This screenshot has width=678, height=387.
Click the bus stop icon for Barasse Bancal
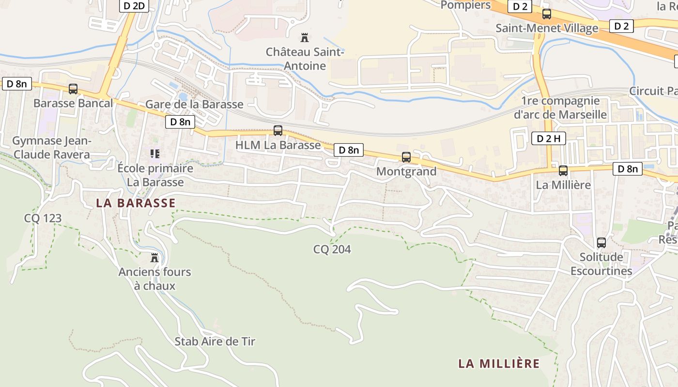[x=73, y=89]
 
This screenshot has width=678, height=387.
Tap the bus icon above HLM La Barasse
[x=277, y=131]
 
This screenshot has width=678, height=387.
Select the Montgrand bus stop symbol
[x=406, y=157]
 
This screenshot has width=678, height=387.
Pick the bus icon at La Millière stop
[x=563, y=171]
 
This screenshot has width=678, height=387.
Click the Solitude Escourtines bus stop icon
[x=601, y=243]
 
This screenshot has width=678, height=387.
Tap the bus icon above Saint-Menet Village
[x=547, y=14]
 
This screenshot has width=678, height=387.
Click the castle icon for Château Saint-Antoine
[x=305, y=37]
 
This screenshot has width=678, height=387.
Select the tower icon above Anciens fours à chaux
[x=154, y=258]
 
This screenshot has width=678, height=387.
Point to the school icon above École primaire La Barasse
[x=155, y=154]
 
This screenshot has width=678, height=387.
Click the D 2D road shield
[x=134, y=6]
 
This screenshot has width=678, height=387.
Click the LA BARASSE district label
[x=136, y=203]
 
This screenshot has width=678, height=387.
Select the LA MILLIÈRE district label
[x=499, y=363]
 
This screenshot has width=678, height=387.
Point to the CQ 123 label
[x=43, y=218]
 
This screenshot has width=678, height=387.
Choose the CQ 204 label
[x=332, y=250]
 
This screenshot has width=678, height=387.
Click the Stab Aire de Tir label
[x=215, y=342]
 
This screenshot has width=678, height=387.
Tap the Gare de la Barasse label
[x=194, y=104]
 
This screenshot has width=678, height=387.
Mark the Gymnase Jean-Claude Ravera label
[x=51, y=148]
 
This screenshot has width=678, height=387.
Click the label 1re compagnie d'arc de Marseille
[x=560, y=108]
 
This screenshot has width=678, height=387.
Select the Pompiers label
[x=465, y=5]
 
